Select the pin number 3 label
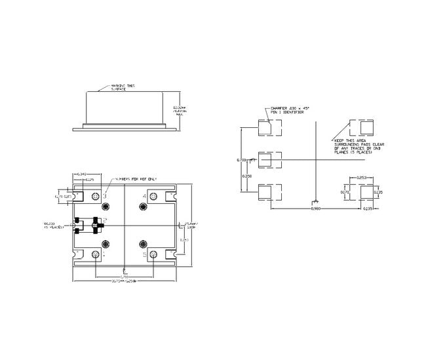(x=104, y=196)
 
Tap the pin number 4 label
(x=144, y=196)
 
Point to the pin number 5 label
(x=144, y=253)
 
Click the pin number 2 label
(x=105, y=220)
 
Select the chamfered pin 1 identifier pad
(x=266, y=126)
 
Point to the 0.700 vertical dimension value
(x=241, y=159)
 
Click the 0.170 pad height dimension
(x=347, y=192)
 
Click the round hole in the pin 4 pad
(x=143, y=208)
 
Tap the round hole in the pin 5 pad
(x=143, y=244)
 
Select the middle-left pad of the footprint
(x=266, y=159)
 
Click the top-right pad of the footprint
(x=364, y=126)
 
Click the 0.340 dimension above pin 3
(x=82, y=174)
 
